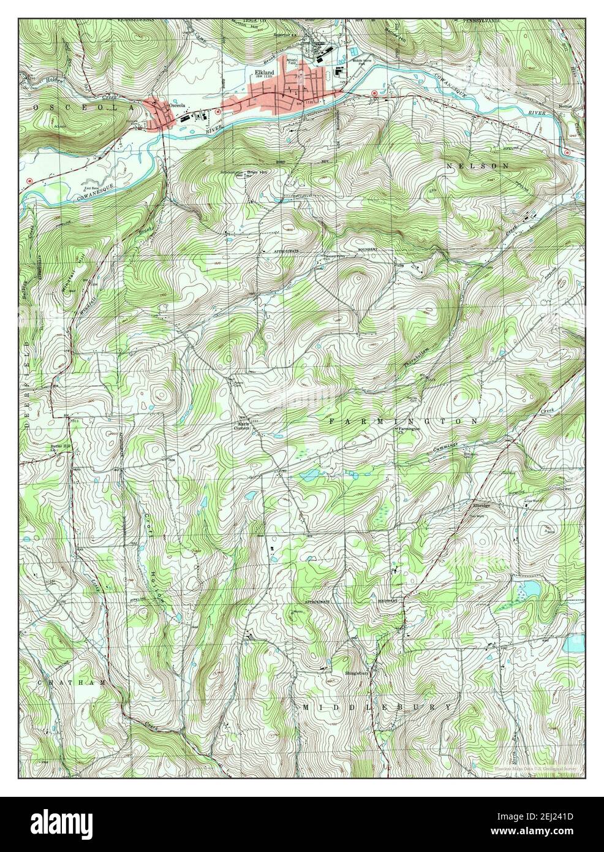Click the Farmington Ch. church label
408,431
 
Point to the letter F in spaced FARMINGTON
332,422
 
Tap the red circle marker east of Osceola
216,112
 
